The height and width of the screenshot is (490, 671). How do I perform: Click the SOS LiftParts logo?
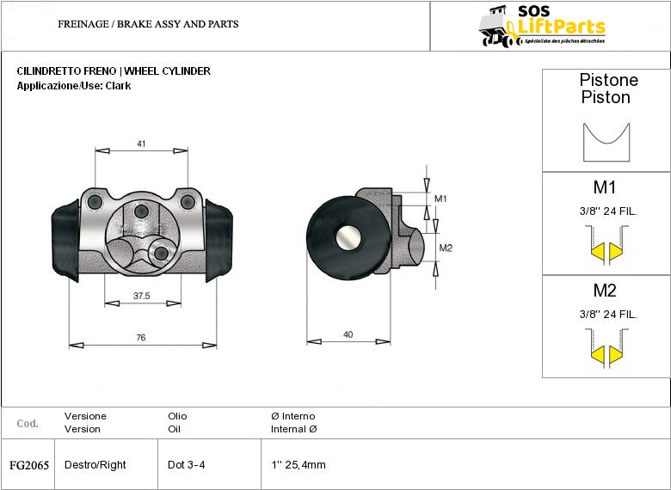click(542, 26)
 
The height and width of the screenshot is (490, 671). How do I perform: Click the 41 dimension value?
click(141, 144)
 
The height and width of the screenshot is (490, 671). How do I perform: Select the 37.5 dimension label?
click(142, 296)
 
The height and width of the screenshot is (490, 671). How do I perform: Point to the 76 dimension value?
click(141, 338)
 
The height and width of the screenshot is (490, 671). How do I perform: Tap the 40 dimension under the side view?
click(348, 334)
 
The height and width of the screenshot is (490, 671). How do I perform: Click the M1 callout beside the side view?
click(440, 199)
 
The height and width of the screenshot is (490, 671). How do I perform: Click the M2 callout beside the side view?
click(445, 248)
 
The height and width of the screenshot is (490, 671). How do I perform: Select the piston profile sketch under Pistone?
click(606, 142)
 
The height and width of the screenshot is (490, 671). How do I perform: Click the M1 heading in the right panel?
click(605, 187)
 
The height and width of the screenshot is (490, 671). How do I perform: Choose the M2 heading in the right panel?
click(605, 291)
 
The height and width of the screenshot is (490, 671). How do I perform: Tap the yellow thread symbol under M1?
click(606, 251)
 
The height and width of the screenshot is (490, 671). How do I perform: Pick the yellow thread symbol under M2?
click(606, 354)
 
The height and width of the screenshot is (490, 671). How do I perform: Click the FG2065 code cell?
click(29, 465)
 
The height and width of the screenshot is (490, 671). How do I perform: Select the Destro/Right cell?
click(95, 465)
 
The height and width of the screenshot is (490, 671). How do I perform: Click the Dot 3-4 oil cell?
click(187, 465)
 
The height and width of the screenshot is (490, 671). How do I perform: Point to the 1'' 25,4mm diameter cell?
click(299, 465)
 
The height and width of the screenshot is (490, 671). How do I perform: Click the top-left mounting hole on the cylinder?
click(95, 202)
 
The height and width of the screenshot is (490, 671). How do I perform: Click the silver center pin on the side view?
click(349, 238)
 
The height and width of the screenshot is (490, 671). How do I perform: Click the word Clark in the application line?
click(118, 86)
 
